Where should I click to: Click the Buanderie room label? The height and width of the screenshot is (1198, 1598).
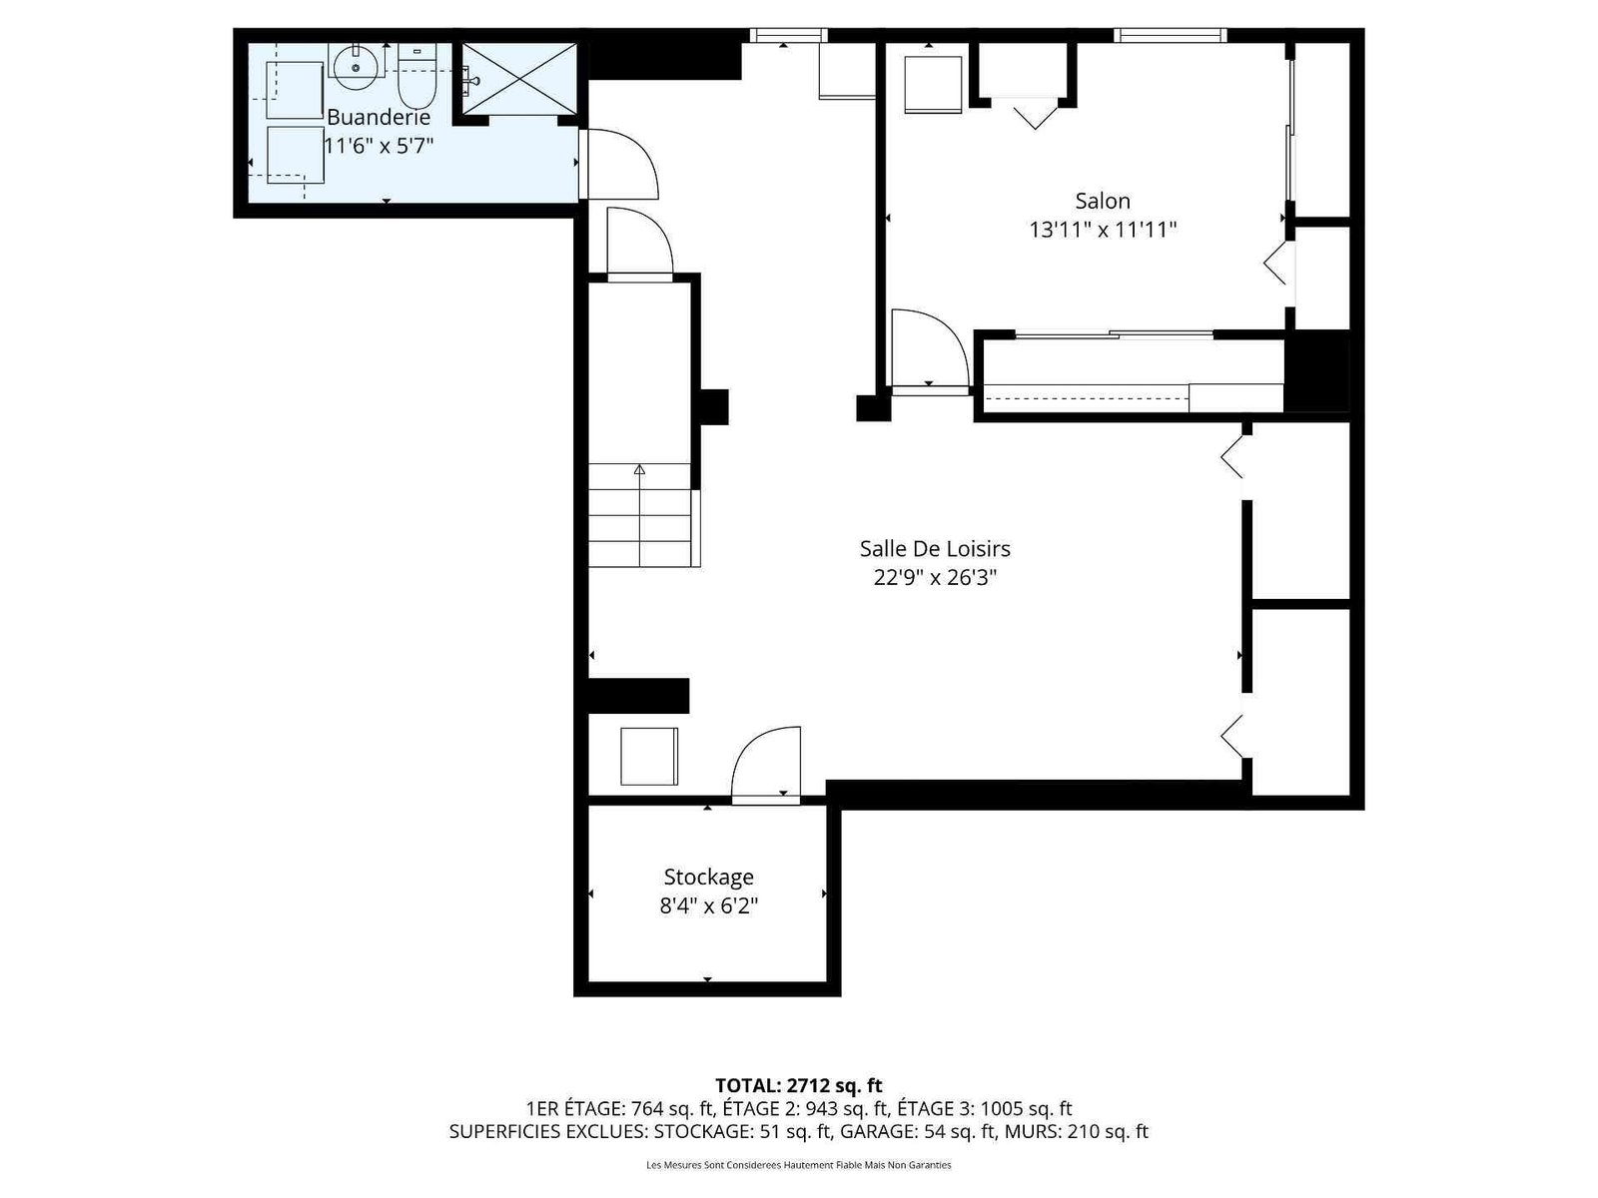pyautogui.click(x=378, y=117)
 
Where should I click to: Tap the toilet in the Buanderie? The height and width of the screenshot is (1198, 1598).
pyautogui.click(x=417, y=77)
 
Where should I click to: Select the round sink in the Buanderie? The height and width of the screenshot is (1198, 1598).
pyautogui.click(x=356, y=67)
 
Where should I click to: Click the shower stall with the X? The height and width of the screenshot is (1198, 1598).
pyautogui.click(x=519, y=79)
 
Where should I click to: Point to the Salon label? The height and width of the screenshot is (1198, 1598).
pyautogui.click(x=1103, y=201)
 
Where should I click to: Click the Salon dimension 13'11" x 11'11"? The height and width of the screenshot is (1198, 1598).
pyautogui.click(x=1103, y=230)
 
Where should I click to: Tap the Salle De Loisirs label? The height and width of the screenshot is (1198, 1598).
pyautogui.click(x=935, y=548)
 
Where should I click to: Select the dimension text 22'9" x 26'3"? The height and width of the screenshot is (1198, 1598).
pyautogui.click(x=935, y=578)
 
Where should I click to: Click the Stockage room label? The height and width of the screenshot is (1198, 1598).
pyautogui.click(x=708, y=877)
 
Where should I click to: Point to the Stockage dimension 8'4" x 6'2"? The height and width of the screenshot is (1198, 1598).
pyautogui.click(x=708, y=905)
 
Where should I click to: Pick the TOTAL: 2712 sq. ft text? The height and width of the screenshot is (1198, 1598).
pyautogui.click(x=799, y=1086)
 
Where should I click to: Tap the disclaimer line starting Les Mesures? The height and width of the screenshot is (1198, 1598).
pyautogui.click(x=799, y=1165)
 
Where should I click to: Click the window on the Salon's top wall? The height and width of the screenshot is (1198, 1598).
pyautogui.click(x=1170, y=35)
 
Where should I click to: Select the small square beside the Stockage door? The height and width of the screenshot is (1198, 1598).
pyautogui.click(x=648, y=757)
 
